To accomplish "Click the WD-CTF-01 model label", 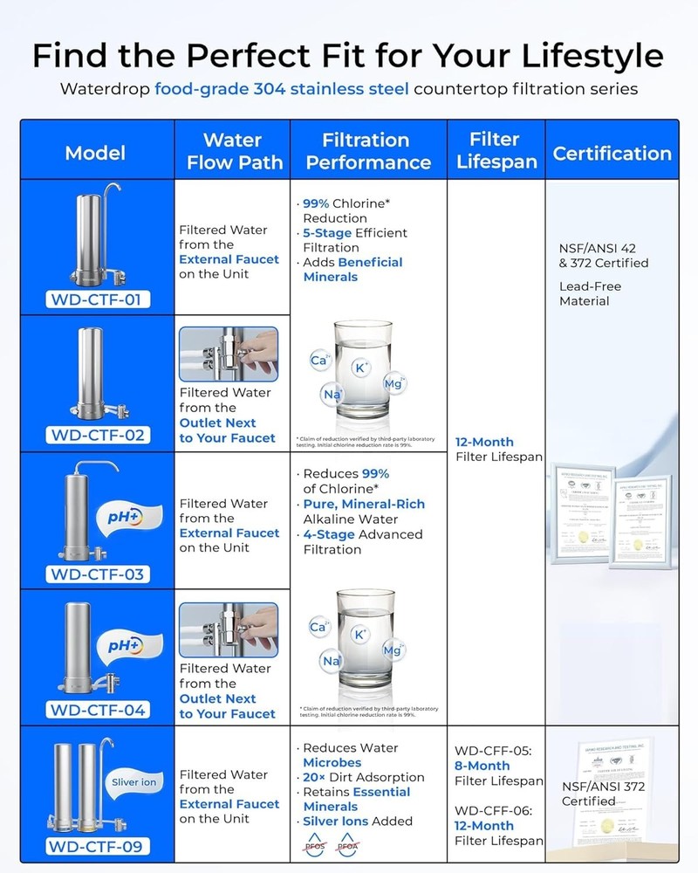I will click(98, 300).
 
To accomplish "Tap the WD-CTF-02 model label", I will click(98, 435).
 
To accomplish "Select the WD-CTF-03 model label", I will click(98, 574).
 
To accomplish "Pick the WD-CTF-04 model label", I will click(98, 709).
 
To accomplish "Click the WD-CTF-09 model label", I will click(98, 845).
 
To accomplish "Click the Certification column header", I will click(612, 154).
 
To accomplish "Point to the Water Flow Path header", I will click(231, 151).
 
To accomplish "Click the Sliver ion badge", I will click(133, 781).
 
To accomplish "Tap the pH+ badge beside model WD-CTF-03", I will click(127, 516).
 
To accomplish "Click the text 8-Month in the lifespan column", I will click(482, 766).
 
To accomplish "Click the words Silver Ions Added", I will click(358, 821).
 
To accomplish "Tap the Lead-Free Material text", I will click(585, 293).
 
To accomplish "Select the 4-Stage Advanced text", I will click(363, 534).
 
